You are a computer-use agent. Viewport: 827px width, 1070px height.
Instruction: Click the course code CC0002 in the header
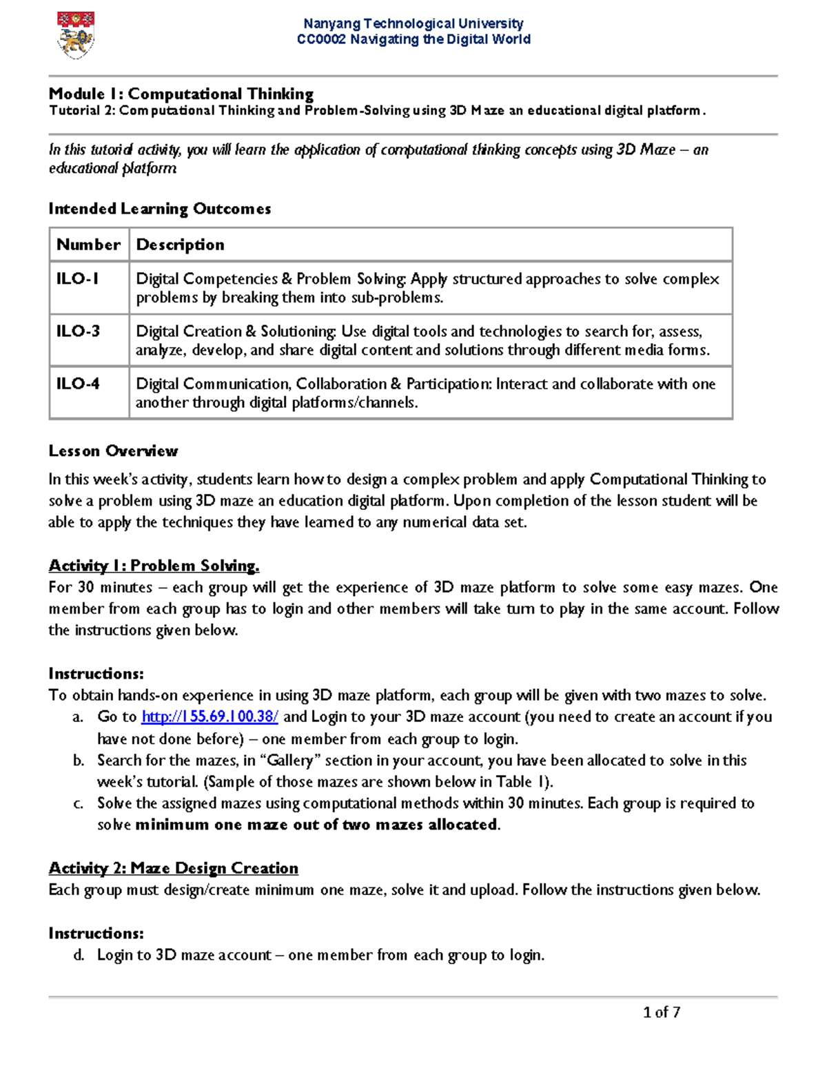point(321,39)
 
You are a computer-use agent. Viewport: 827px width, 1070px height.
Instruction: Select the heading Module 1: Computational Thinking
point(181,94)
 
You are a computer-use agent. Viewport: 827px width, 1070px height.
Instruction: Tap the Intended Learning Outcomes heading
point(159,209)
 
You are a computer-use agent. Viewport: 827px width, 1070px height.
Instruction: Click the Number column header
point(88,245)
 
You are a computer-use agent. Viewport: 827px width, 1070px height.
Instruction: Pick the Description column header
point(180,245)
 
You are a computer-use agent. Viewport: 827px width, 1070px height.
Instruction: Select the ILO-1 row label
point(77,278)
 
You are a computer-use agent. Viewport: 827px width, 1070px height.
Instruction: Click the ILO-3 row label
point(78,331)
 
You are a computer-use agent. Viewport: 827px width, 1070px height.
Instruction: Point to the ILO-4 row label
point(78,383)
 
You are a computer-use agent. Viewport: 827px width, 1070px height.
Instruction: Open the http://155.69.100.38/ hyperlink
point(210,717)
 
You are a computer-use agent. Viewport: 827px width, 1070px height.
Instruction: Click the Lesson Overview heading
point(113,451)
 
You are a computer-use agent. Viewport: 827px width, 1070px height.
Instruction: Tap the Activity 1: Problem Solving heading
point(154,566)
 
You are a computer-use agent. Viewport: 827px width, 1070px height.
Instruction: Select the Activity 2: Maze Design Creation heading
point(173,868)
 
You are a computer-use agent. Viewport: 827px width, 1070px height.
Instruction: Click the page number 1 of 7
point(661,1012)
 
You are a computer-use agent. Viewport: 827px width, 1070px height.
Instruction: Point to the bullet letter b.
point(78,761)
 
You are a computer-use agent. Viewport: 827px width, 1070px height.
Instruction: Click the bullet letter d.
point(78,955)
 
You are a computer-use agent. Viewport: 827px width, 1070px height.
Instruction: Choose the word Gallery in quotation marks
point(289,761)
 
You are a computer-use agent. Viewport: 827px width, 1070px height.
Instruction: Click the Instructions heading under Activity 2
point(96,934)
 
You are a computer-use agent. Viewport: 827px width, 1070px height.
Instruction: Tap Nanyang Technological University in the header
point(413,23)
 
